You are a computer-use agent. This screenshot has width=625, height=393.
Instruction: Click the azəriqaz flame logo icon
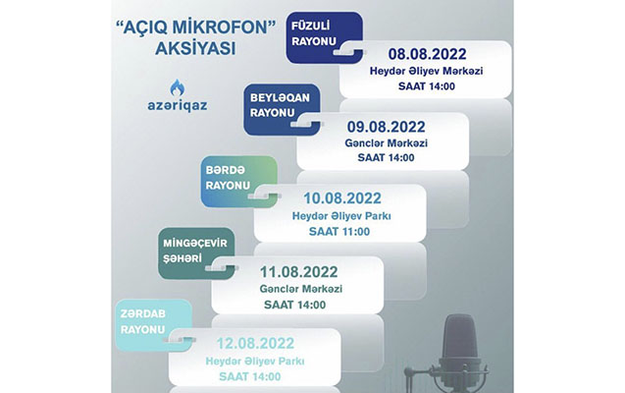178,87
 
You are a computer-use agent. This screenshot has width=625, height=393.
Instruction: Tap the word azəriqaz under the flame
178,106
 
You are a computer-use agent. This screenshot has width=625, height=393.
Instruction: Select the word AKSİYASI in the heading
195,49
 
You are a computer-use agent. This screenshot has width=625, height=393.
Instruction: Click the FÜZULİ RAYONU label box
324,37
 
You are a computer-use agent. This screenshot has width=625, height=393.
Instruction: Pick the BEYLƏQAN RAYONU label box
282,109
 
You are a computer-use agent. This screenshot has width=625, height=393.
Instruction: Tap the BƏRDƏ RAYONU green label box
238,182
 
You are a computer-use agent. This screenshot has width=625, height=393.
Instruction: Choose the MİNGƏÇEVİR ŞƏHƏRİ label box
196,253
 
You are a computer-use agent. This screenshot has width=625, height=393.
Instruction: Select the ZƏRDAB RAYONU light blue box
154,325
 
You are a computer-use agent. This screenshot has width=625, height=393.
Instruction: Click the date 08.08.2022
428,54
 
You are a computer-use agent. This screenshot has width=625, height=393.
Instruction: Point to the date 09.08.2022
386,127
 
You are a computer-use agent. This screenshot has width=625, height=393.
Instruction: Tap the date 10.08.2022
342,198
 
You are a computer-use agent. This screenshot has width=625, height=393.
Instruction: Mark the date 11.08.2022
299,272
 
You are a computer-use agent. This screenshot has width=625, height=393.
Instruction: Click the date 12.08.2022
255,344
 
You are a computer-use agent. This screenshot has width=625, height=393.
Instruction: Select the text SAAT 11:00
339,232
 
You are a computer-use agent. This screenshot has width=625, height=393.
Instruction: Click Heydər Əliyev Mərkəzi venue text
427,71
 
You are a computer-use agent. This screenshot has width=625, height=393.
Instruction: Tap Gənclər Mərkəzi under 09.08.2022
386,142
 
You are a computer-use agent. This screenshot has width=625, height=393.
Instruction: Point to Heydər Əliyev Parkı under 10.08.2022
341,216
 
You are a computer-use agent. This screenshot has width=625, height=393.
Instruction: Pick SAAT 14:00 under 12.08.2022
250,376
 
